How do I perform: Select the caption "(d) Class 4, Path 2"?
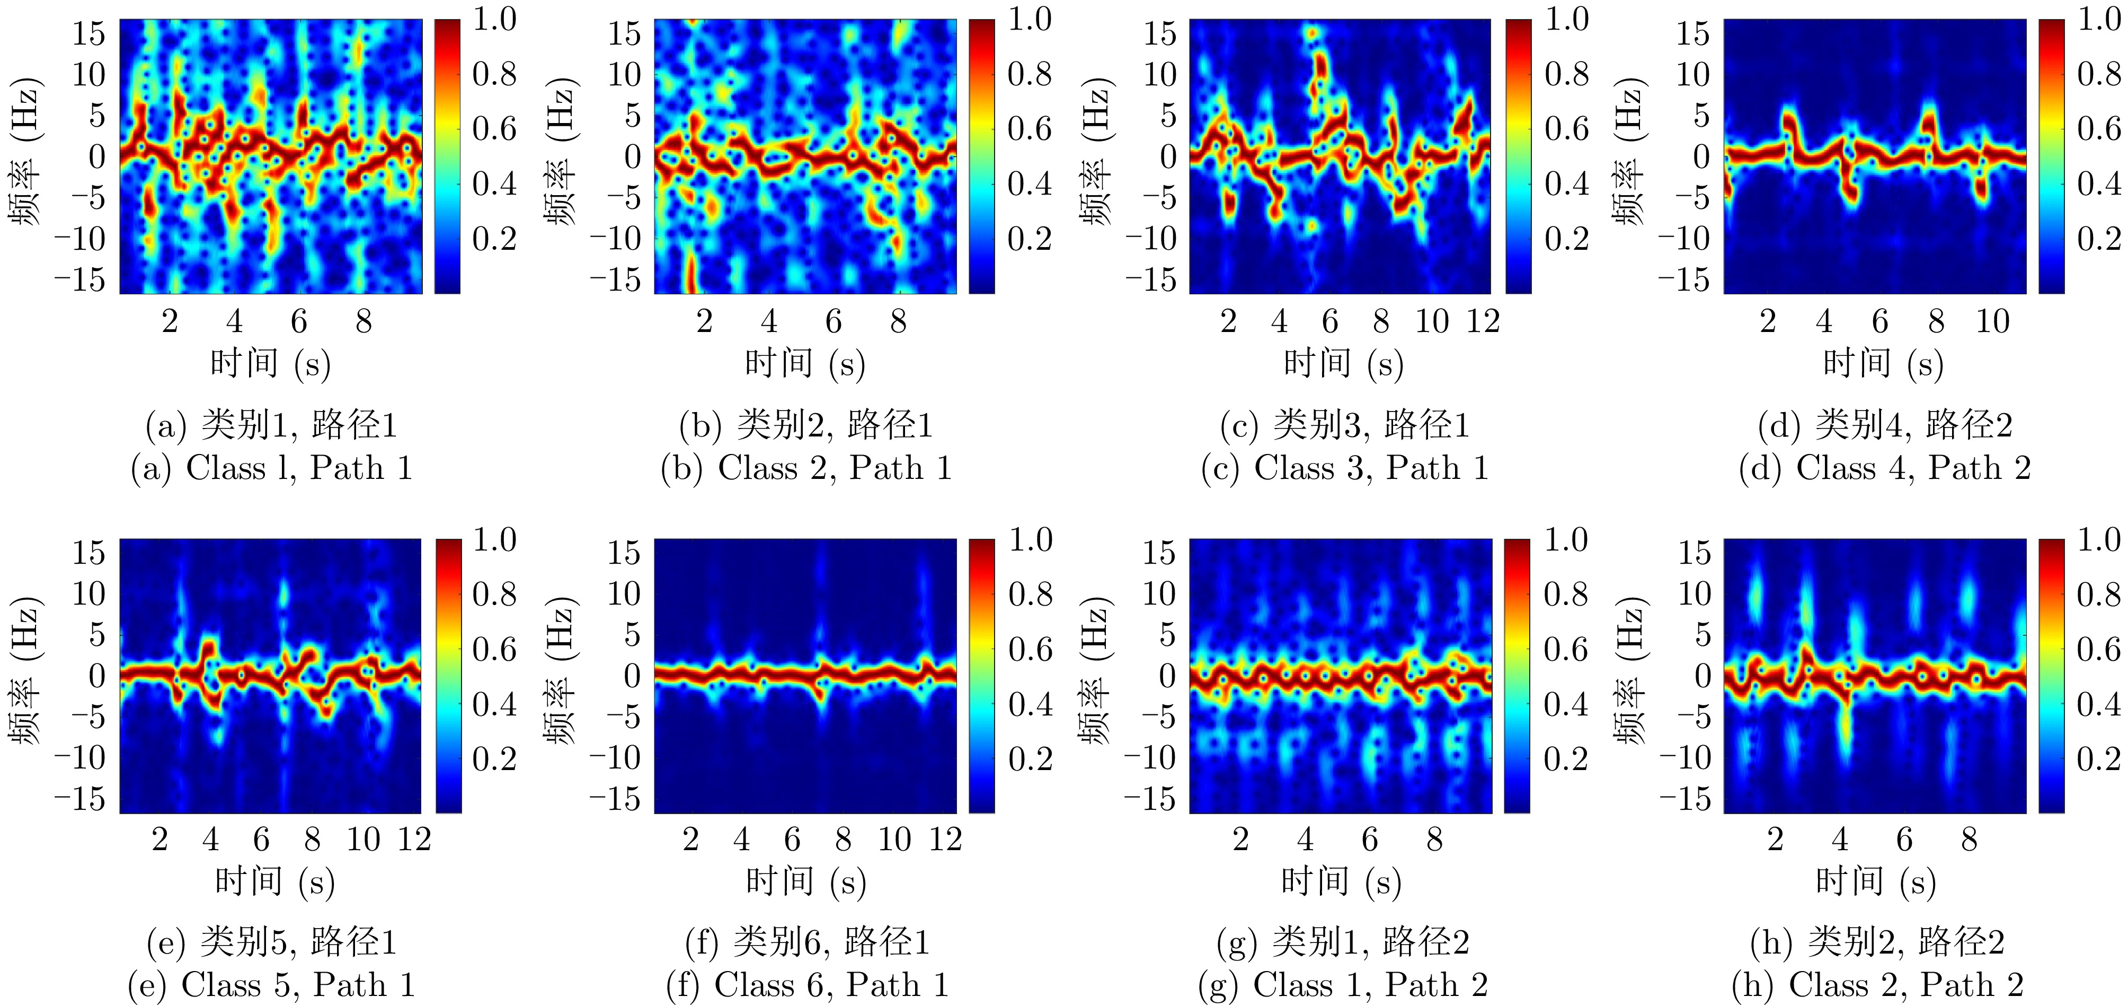1884,469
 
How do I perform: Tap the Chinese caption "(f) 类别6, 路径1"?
807,942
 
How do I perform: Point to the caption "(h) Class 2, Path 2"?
1878,985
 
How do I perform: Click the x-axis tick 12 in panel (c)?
1483,321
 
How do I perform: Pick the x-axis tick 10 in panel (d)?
1992,321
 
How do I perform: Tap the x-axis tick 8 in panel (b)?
898,321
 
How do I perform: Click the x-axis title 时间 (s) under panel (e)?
274,882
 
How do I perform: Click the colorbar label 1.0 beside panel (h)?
2098,540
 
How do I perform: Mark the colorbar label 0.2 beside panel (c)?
1566,239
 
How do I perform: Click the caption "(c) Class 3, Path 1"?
1345,469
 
